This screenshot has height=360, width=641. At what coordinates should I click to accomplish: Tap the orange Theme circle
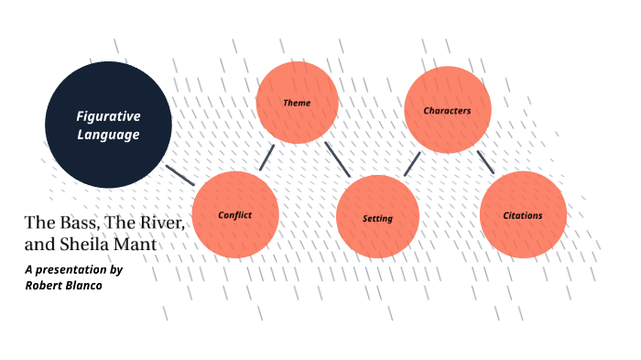297,103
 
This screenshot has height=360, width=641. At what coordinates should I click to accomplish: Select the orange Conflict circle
234,214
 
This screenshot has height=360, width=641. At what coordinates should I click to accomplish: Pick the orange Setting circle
377,217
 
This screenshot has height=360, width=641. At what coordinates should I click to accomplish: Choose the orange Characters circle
447,110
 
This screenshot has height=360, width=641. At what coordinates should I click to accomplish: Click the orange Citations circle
523,215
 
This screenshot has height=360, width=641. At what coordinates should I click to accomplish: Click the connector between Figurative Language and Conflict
180,174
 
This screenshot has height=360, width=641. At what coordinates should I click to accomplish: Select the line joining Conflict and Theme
266,157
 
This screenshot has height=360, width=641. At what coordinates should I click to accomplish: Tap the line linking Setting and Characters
412,163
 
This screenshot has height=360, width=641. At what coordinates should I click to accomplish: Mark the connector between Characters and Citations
485,162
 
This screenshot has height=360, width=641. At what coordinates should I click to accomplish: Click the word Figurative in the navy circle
108,116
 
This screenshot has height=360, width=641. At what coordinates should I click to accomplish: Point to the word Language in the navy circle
108,135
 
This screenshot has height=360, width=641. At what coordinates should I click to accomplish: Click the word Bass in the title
78,224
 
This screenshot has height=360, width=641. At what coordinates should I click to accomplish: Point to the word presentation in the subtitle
72,269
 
